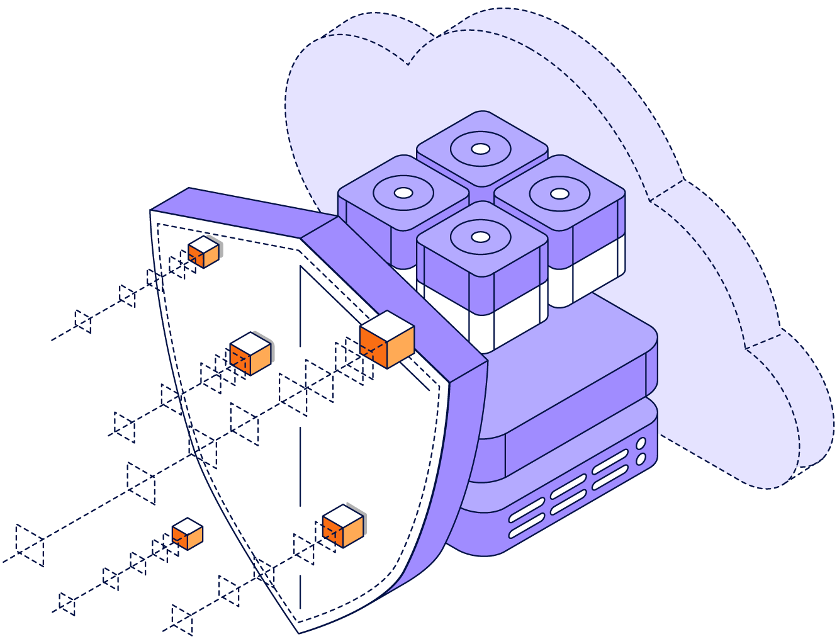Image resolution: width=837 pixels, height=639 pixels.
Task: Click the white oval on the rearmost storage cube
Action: [x=481, y=149]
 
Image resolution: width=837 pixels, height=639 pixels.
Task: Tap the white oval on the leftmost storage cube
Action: [x=403, y=193]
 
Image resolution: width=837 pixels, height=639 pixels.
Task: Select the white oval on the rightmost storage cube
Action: [x=559, y=193]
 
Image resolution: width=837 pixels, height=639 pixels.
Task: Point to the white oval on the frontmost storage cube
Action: [x=481, y=237]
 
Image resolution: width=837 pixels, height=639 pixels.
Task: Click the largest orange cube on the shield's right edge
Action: [x=387, y=340]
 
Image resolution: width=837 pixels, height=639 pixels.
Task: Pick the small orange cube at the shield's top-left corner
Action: [x=203, y=252]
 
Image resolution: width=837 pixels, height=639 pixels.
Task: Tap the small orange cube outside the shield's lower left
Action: [x=188, y=534]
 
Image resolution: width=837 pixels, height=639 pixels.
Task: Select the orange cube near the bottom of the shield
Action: [x=343, y=526]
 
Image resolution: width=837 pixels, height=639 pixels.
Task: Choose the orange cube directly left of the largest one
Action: [x=250, y=354]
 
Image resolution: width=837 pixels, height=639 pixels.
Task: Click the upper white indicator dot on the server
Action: [x=641, y=444]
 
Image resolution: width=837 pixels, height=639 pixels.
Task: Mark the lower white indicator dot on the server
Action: [x=641, y=459]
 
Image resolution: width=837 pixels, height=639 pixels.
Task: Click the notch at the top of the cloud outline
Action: [x=408, y=64]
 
